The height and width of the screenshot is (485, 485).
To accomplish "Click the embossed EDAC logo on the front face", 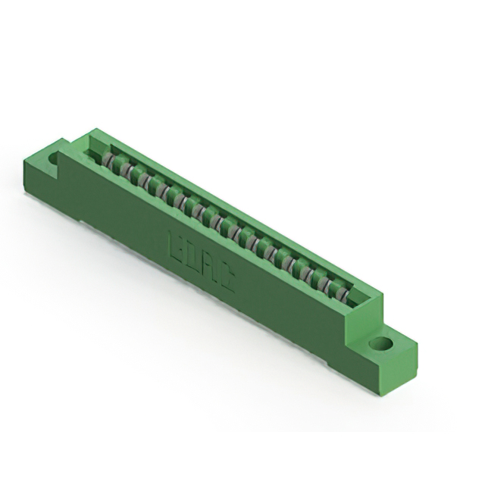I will coord(201,261).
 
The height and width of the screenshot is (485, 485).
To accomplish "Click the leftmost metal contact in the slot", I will coord(110,161).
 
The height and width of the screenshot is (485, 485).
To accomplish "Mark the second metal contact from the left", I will coord(124,168).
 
